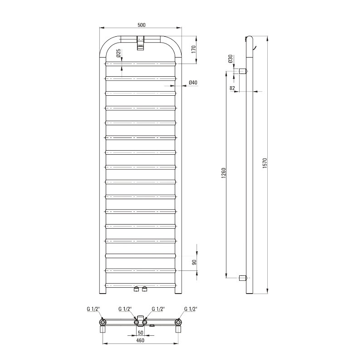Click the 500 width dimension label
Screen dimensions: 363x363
click(x=142, y=25)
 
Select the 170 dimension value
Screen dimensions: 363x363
click(x=194, y=49)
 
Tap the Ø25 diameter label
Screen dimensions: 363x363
click(x=118, y=53)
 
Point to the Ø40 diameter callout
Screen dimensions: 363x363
click(x=193, y=83)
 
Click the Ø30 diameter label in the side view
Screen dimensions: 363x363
click(x=230, y=59)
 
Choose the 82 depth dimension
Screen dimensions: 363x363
click(x=232, y=88)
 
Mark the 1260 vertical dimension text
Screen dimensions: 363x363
click(x=223, y=173)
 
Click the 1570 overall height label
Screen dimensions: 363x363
click(x=265, y=163)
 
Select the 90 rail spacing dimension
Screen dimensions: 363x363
click(x=194, y=262)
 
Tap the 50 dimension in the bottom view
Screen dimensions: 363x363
click(x=141, y=333)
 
